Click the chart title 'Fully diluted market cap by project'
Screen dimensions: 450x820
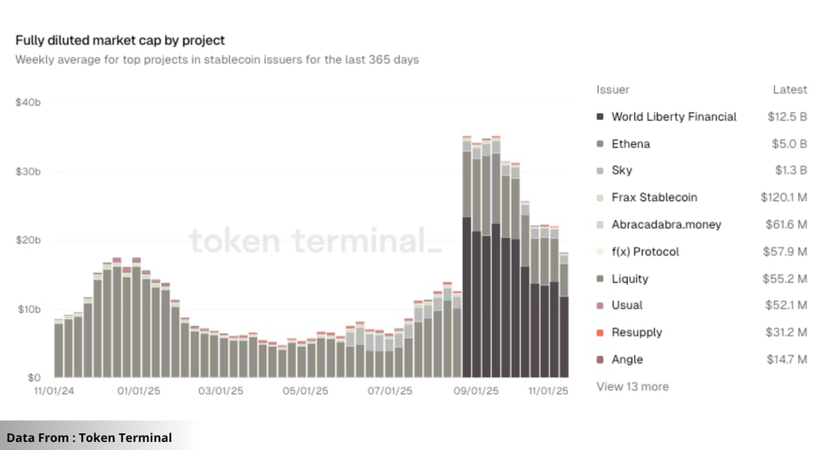pyautogui.click(x=120, y=40)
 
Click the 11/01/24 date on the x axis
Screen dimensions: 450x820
pyautogui.click(x=54, y=391)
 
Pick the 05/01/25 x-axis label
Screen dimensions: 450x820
pyautogui.click(x=305, y=391)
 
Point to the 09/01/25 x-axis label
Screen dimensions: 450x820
pyautogui.click(x=476, y=391)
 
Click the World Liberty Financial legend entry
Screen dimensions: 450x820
pyautogui.click(x=673, y=117)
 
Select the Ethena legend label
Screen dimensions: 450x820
pyautogui.click(x=630, y=144)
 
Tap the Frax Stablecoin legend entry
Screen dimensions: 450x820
pyautogui.click(x=653, y=198)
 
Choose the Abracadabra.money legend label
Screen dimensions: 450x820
pyautogui.click(x=665, y=225)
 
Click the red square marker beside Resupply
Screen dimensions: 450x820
pyautogui.click(x=600, y=333)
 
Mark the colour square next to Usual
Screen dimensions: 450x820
pyautogui.click(x=600, y=306)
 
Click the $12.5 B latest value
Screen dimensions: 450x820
pyautogui.click(x=786, y=117)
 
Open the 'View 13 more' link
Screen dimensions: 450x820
pyautogui.click(x=632, y=387)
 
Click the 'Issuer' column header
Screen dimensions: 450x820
pyautogui.click(x=613, y=90)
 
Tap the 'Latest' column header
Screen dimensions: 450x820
pyautogui.click(x=790, y=90)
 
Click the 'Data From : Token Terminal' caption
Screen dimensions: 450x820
pyautogui.click(x=89, y=437)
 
